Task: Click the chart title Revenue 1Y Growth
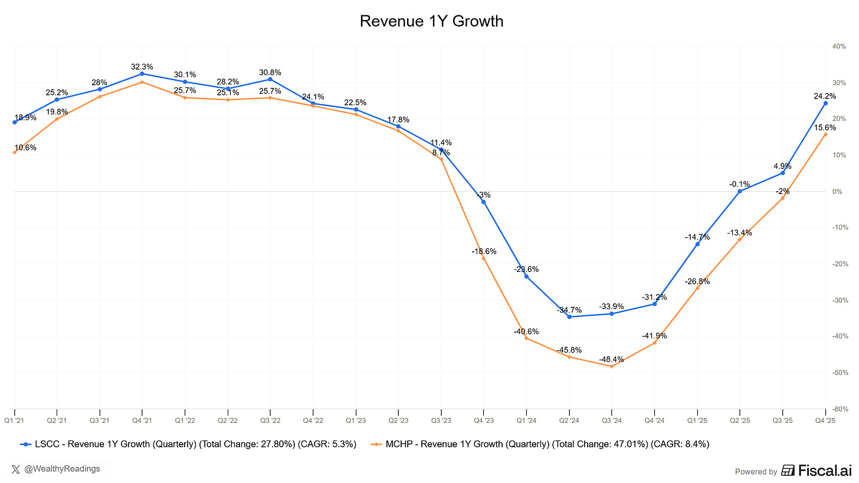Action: point(431,21)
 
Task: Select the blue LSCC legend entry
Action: point(188,444)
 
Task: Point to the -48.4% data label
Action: point(611,359)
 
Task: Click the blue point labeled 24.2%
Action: point(825,103)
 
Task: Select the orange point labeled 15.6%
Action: point(825,134)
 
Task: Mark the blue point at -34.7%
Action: point(569,317)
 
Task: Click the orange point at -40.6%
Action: point(526,338)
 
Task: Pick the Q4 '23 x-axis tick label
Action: point(484,420)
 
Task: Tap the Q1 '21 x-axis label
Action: point(14,420)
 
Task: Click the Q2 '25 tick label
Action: point(740,420)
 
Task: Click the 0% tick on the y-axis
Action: point(838,192)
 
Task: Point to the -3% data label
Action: point(484,195)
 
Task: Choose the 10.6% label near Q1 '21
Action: point(25,147)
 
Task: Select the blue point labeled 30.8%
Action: point(270,79)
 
